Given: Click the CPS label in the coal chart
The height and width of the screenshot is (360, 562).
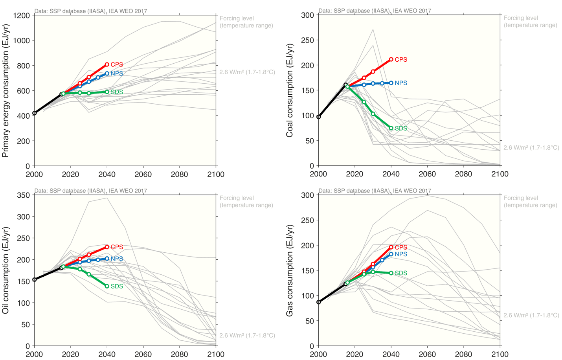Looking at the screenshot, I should [401, 60].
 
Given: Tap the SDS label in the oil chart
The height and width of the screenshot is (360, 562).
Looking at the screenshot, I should [117, 287].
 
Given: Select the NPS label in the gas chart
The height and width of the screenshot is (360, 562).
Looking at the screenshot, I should [401, 254].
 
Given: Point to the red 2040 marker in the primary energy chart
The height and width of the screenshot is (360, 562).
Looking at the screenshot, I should [107, 64].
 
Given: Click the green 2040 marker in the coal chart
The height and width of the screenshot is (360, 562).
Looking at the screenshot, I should [391, 128].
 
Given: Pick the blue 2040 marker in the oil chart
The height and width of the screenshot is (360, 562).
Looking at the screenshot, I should [107, 259].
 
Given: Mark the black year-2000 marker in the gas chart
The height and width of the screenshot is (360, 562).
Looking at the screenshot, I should [319, 302].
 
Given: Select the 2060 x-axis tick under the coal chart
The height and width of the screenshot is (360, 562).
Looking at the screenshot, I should [427, 174].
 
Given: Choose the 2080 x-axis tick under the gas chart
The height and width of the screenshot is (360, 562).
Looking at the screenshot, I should [463, 354].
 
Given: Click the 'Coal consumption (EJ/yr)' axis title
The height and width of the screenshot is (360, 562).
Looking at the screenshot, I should [290, 90].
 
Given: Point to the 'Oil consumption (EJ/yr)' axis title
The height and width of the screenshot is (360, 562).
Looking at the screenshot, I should [6, 270].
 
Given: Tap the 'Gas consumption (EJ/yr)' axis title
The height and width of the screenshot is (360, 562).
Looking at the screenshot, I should [290, 270].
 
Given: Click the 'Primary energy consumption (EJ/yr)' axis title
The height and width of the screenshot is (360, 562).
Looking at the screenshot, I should [6, 90].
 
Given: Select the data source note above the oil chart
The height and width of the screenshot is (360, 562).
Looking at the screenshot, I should [91, 191].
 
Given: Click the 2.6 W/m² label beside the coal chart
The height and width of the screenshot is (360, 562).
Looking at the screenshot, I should [531, 148].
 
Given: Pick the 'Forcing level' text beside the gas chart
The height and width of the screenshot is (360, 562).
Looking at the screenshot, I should [521, 198].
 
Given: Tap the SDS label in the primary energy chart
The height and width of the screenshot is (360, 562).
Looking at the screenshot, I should [117, 92].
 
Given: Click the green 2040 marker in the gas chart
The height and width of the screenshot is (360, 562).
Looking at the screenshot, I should [391, 273].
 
